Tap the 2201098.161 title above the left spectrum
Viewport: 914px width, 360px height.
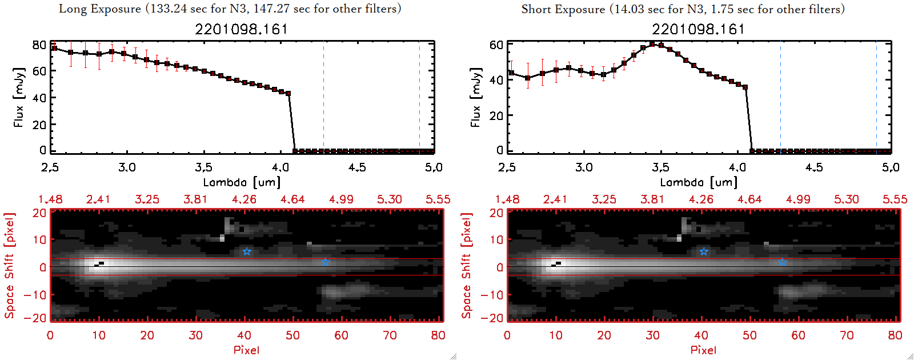(242, 29)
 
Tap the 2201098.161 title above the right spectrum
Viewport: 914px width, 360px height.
(699, 29)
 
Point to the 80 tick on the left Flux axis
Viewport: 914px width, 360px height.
(39, 45)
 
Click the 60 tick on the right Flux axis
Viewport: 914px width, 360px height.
(496, 45)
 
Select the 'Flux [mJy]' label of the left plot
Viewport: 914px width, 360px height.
(19, 97)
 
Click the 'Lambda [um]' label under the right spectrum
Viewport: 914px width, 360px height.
(699, 182)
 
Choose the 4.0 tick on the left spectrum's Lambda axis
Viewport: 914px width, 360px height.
(280, 167)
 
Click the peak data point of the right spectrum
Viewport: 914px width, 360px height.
(652, 44)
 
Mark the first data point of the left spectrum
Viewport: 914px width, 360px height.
(54, 48)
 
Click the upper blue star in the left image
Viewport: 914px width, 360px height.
(247, 251)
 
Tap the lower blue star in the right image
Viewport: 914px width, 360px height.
(782, 262)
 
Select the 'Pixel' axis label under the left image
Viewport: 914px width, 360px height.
(246, 350)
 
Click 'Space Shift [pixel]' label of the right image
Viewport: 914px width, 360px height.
(467, 266)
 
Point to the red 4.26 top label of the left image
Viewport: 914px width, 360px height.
(244, 199)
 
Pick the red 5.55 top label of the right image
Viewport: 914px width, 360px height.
(895, 199)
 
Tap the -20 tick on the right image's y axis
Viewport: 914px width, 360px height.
(495, 318)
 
